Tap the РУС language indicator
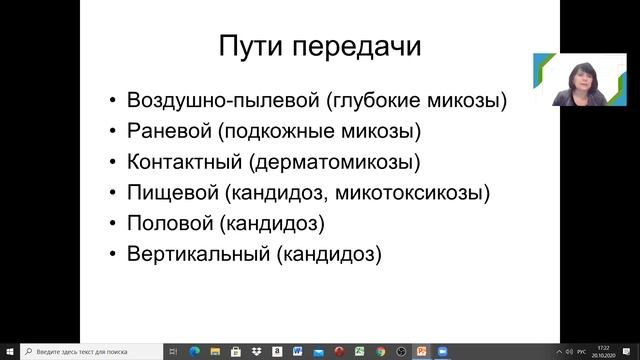click(582, 351)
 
